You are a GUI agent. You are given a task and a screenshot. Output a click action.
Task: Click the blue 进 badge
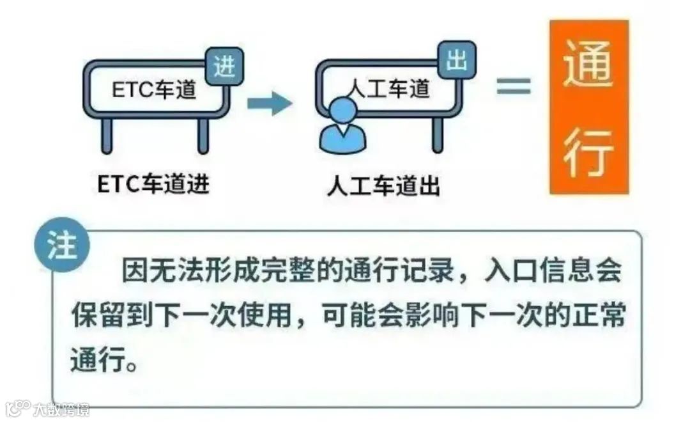click(224, 67)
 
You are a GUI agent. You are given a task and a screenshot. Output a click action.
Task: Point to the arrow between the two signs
click(269, 102)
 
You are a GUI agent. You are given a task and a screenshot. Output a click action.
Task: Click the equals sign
click(514, 86)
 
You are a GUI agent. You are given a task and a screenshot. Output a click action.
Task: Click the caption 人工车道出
click(383, 186)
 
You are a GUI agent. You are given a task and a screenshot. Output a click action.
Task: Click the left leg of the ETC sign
click(107, 135)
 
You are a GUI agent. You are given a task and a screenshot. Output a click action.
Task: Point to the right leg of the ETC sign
click(203, 135)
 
